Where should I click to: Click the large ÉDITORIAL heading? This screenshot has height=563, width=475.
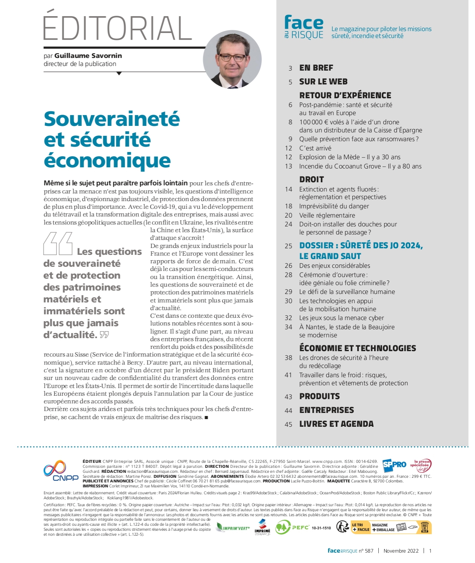click(x=117, y=28)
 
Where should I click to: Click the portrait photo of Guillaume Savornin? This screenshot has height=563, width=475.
click(x=232, y=59)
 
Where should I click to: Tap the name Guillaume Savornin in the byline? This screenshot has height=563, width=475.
click(x=88, y=56)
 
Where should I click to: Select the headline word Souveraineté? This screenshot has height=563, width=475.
click(x=112, y=119)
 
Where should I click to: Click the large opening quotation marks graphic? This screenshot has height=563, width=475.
click(x=58, y=244)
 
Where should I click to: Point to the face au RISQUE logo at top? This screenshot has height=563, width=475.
click(x=304, y=27)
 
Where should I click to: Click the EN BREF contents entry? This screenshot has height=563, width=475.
click(x=316, y=68)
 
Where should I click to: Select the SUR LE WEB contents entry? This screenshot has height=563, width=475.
click(x=323, y=82)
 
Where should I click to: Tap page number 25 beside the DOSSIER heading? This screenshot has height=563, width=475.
click(x=289, y=246)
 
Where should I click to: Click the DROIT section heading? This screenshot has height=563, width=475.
click(x=312, y=180)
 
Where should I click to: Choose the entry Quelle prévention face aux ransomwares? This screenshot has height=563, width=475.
click(x=359, y=139)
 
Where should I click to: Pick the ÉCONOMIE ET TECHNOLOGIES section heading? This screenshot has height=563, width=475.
click(x=358, y=348)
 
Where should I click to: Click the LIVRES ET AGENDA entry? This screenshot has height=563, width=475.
click(x=336, y=424)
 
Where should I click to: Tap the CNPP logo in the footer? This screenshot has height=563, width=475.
click(x=60, y=471)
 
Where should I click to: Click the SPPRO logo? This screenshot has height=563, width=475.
click(x=394, y=464)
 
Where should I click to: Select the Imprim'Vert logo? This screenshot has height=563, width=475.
click(x=233, y=528)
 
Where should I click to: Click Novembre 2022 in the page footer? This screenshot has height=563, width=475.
click(x=401, y=551)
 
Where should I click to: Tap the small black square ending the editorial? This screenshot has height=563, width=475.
click(x=206, y=418)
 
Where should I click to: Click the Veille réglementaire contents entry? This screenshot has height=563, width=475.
click(x=327, y=215)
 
